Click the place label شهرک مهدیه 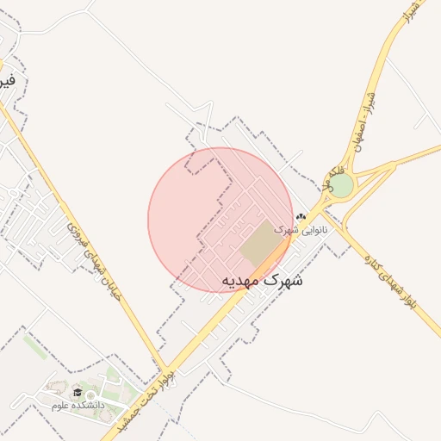pyautogui.click(x=263, y=281)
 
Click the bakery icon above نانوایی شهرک pyautogui.click(x=301, y=217)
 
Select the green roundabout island pyautogui.click(x=341, y=186)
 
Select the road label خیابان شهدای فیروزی pyautogui.click(x=95, y=258)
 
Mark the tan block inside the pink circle pyautogui.click(x=262, y=244)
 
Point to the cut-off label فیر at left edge pyautogui.click(x=7, y=83)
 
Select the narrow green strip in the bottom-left pyautogui.click(x=35, y=346)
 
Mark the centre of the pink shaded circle pyautogui.click(x=220, y=220)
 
